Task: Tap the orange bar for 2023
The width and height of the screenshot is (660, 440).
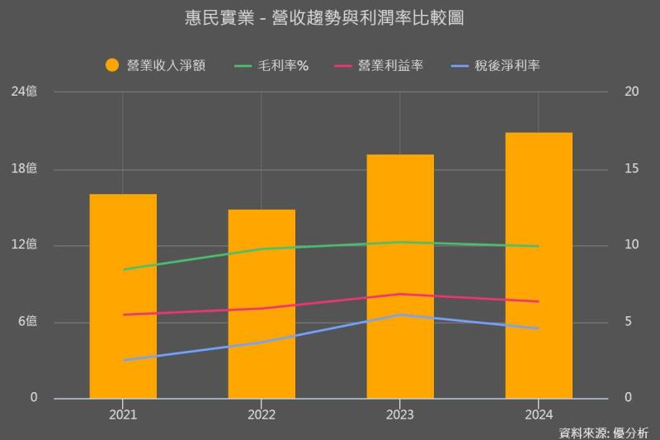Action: [x=400, y=276]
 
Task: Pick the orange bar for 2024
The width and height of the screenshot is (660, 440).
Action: [x=539, y=265]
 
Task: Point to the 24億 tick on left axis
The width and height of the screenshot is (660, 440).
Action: [x=25, y=92]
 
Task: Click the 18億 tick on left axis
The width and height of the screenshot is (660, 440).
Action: [x=25, y=168]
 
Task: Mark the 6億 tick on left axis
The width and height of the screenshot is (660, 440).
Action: [x=28, y=321]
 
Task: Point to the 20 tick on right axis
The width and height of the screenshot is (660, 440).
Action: [x=632, y=92]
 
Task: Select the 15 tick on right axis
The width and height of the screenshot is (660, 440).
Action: [x=632, y=168]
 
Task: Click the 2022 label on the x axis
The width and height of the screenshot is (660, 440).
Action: [x=262, y=414]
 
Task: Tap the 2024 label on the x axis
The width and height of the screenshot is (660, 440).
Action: [x=539, y=414]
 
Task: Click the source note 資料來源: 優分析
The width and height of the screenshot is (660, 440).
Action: [x=603, y=432]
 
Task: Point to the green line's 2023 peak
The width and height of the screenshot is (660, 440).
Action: [x=400, y=242]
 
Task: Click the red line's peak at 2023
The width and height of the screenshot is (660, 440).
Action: [x=400, y=294]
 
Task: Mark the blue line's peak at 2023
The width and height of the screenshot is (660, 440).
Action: [x=400, y=315]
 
